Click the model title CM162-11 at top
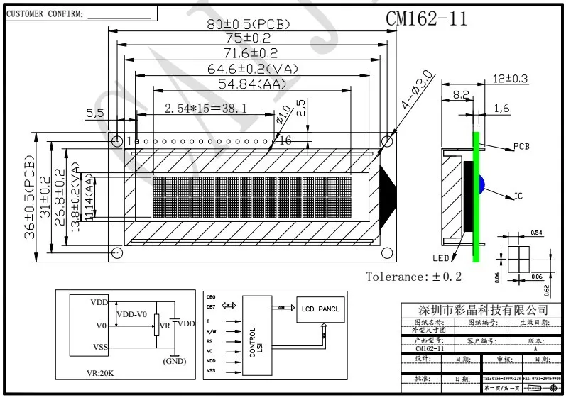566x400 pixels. tap(426, 19)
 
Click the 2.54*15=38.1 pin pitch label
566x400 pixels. tap(205, 109)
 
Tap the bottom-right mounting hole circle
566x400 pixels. tap(387, 252)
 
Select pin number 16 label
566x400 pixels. tap(285, 141)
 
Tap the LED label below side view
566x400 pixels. tap(441, 258)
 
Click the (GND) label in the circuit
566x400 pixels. tap(174, 360)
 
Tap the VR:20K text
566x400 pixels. tap(101, 373)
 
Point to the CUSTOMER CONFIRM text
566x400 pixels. tap(45, 13)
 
